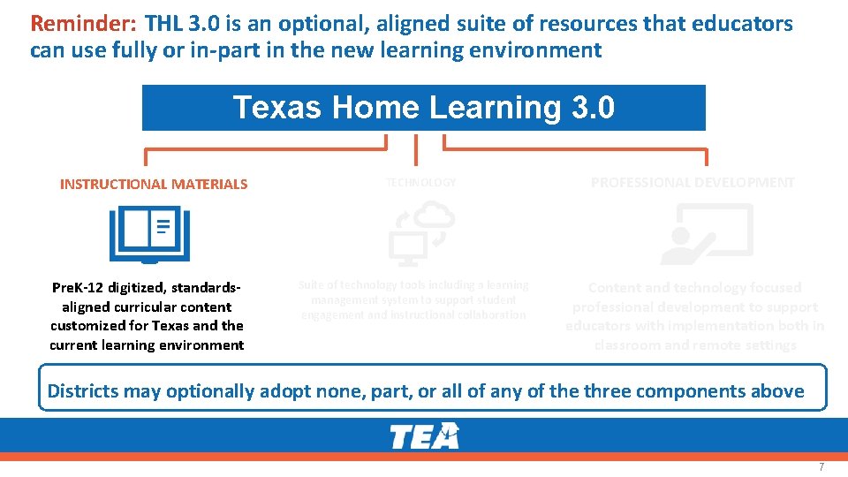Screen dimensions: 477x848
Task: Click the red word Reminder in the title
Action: pyautogui.click(x=83, y=24)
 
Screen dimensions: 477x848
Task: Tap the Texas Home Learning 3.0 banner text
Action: pyautogui.click(x=423, y=108)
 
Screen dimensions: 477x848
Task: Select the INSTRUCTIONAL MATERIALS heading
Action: pyautogui.click(x=154, y=185)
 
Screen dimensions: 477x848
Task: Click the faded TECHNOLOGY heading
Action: pyautogui.click(x=421, y=183)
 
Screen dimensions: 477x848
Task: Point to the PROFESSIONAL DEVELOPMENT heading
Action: pyautogui.click(x=693, y=183)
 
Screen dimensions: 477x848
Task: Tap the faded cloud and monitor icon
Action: pyautogui.click(x=421, y=233)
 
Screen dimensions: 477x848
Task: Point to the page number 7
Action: pyautogui.click(x=821, y=466)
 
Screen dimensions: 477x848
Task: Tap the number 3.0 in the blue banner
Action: pyautogui.click(x=592, y=108)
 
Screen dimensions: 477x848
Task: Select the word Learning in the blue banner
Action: pyautogui.click(x=494, y=108)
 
